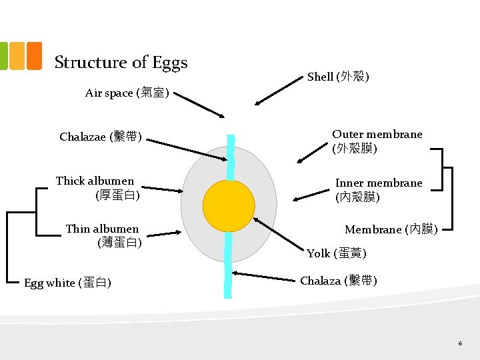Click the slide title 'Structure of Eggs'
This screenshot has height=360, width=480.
(121, 62)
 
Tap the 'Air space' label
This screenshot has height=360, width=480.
(127, 93)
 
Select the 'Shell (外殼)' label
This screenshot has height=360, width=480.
(339, 77)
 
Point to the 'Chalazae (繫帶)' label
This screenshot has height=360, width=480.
(101, 137)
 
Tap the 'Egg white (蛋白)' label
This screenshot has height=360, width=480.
(67, 283)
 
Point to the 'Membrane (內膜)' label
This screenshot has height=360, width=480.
(391, 229)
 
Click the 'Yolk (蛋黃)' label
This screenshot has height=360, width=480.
(337, 253)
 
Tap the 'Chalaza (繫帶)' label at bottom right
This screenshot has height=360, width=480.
(339, 281)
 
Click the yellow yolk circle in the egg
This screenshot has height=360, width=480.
(229, 205)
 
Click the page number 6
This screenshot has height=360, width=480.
(460, 343)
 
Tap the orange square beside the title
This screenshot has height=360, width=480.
(33, 56)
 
